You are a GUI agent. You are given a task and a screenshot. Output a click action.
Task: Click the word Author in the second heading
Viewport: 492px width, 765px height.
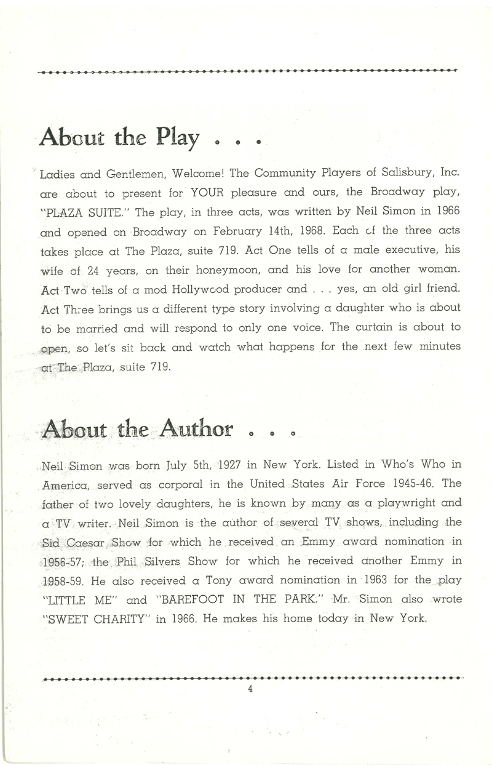click(197, 428)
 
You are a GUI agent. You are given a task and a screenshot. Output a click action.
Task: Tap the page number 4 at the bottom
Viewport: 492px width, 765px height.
click(250, 689)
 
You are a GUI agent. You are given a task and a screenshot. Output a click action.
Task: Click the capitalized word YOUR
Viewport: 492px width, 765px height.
click(209, 193)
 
